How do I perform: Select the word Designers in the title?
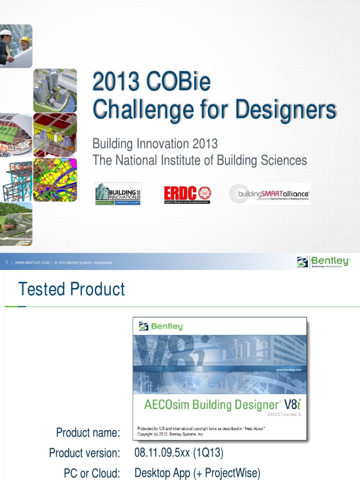click(285, 110)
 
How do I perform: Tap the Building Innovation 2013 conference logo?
click(118, 194)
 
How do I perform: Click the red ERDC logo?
click(187, 194)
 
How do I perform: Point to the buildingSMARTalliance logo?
click(269, 194)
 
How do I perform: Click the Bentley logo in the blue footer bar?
click(323, 262)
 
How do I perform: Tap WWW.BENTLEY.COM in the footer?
click(32, 263)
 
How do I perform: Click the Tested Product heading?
click(71, 289)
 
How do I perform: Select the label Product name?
click(88, 432)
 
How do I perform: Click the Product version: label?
click(84, 453)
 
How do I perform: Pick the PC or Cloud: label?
click(91, 473)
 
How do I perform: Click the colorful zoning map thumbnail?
click(55, 180)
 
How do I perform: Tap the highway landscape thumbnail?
click(16, 224)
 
